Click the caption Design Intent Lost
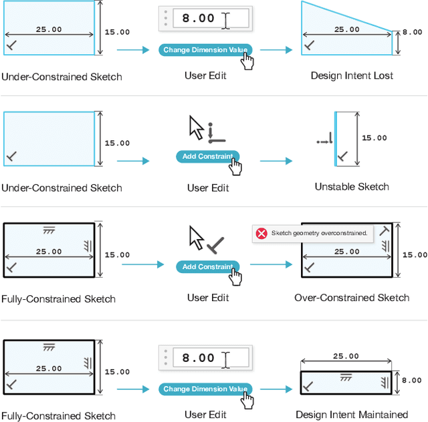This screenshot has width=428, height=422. pyautogui.click(x=352, y=76)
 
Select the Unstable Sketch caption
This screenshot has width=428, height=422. pyautogui.click(x=352, y=187)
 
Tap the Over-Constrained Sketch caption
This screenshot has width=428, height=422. pyautogui.click(x=352, y=298)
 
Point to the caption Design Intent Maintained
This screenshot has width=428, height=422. pyautogui.click(x=352, y=415)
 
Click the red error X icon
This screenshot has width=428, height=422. pyautogui.click(x=261, y=233)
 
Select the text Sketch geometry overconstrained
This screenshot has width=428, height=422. pyautogui.click(x=319, y=233)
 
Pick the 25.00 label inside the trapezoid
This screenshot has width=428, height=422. pyautogui.click(x=346, y=29)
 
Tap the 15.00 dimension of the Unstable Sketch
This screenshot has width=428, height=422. pyautogui.click(x=374, y=138)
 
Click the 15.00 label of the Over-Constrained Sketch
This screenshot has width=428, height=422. pyautogui.click(x=415, y=254)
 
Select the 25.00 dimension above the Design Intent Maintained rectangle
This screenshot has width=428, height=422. pyautogui.click(x=345, y=357)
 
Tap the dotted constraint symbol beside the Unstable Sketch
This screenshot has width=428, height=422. pyautogui.click(x=324, y=141)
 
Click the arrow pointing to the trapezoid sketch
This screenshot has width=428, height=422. pyautogui.click(x=276, y=50)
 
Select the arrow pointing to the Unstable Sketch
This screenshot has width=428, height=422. pyautogui.click(x=276, y=161)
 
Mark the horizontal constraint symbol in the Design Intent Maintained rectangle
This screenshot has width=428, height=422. pyautogui.click(x=346, y=378)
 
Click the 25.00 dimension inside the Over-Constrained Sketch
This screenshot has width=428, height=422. pyautogui.click(x=346, y=252)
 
